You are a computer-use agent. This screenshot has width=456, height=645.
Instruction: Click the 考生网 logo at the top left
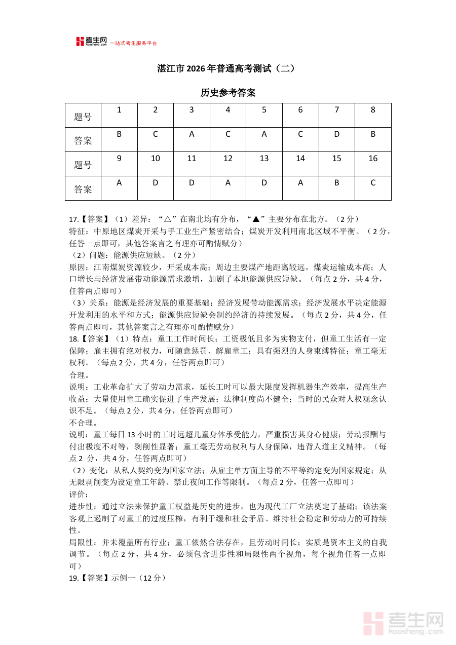click(x=91, y=42)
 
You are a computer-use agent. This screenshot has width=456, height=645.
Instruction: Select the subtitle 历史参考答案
click(x=228, y=93)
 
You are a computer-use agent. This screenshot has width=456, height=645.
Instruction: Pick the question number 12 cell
click(x=228, y=159)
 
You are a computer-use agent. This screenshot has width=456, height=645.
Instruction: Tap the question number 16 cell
click(x=373, y=159)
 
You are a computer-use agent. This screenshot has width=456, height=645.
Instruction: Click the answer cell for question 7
click(x=336, y=134)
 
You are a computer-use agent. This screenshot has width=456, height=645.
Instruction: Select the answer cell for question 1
click(x=119, y=134)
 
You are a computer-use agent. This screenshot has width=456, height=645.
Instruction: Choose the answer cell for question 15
click(x=336, y=183)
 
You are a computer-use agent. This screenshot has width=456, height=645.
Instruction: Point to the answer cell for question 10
click(x=156, y=183)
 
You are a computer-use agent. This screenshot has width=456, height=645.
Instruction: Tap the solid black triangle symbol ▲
click(x=256, y=219)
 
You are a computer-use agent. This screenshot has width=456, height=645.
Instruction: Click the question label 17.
click(x=73, y=219)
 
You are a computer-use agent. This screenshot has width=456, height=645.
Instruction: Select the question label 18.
click(x=73, y=338)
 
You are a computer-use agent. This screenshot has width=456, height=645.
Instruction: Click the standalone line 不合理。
click(x=83, y=423)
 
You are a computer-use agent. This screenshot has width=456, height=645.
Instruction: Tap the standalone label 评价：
click(x=79, y=494)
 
